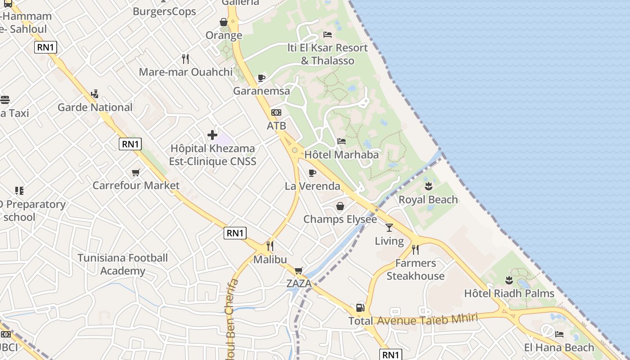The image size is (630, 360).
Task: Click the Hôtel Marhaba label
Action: tap(342, 154)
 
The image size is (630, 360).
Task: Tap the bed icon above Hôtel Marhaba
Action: tap(342, 141)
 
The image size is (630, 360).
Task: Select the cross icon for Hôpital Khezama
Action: tap(212, 135)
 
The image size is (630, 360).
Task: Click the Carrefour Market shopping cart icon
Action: tap(136, 172)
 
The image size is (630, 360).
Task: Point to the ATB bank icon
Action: tap(276, 112)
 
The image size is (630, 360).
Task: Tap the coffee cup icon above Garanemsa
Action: tap(261, 78)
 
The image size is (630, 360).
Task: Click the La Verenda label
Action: tap(312, 186)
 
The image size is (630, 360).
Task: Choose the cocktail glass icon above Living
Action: tap(389, 228)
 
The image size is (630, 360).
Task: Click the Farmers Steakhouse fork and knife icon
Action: tap(415, 249)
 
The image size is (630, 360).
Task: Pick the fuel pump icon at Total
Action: tap(360, 308)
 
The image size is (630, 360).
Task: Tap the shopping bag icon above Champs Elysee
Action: tap(340, 206)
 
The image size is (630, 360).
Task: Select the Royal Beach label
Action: tap(428, 199)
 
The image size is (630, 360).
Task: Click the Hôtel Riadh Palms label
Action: tap(509, 293)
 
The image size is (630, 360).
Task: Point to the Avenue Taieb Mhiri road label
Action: tap(427, 319)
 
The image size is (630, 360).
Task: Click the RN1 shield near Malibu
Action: tap(235, 233)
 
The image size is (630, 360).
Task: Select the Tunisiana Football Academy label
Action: tap(122, 264)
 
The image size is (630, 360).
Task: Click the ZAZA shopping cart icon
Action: tap(298, 270)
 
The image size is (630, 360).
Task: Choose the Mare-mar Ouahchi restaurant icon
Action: tap(185, 58)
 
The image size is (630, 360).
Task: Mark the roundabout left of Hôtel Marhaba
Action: tap(294, 150)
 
